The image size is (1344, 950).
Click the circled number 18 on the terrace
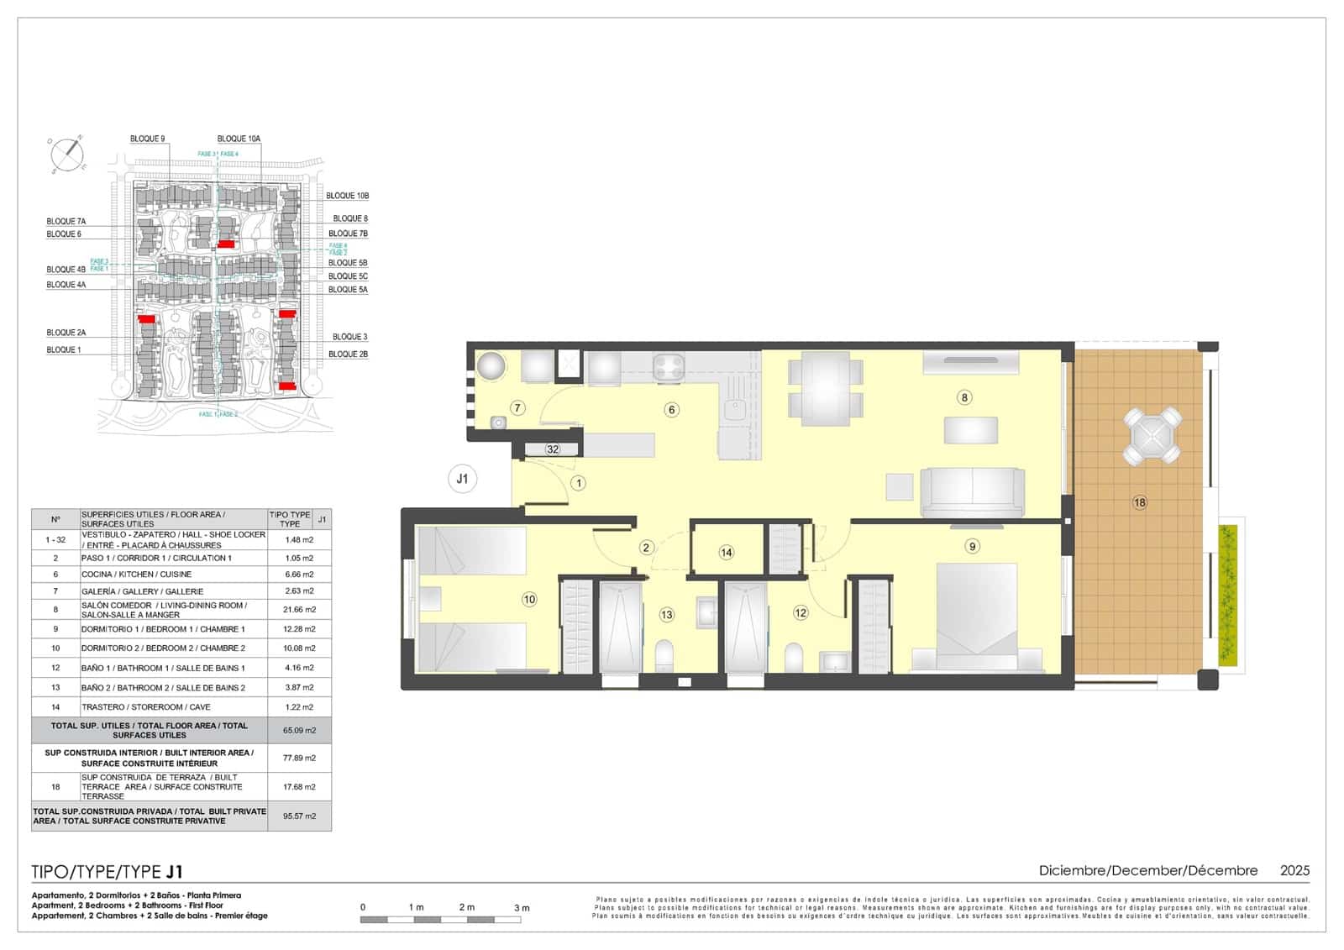(x=1139, y=502)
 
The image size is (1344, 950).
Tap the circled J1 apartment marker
(x=462, y=480)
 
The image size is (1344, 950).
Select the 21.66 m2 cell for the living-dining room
(x=299, y=610)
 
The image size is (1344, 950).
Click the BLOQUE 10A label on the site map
(x=239, y=139)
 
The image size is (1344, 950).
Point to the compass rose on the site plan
(x=67, y=155)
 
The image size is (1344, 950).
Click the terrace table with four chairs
(x=1152, y=436)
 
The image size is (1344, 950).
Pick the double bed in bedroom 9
(x=977, y=618)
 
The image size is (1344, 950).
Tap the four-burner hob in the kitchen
(x=669, y=366)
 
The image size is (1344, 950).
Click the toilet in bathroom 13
(x=664, y=654)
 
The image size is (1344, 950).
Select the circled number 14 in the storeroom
(x=726, y=552)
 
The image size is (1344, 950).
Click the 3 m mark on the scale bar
(x=522, y=907)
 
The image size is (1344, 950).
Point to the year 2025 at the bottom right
(x=1294, y=870)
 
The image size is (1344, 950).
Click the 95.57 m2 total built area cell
(x=299, y=816)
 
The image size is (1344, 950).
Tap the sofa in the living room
(x=972, y=492)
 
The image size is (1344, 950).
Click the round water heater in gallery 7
(x=491, y=366)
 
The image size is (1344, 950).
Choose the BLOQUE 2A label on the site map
(x=66, y=333)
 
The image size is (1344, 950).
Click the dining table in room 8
(x=825, y=387)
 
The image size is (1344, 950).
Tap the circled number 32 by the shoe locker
(x=553, y=449)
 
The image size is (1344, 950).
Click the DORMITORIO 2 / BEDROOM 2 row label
(x=163, y=648)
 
